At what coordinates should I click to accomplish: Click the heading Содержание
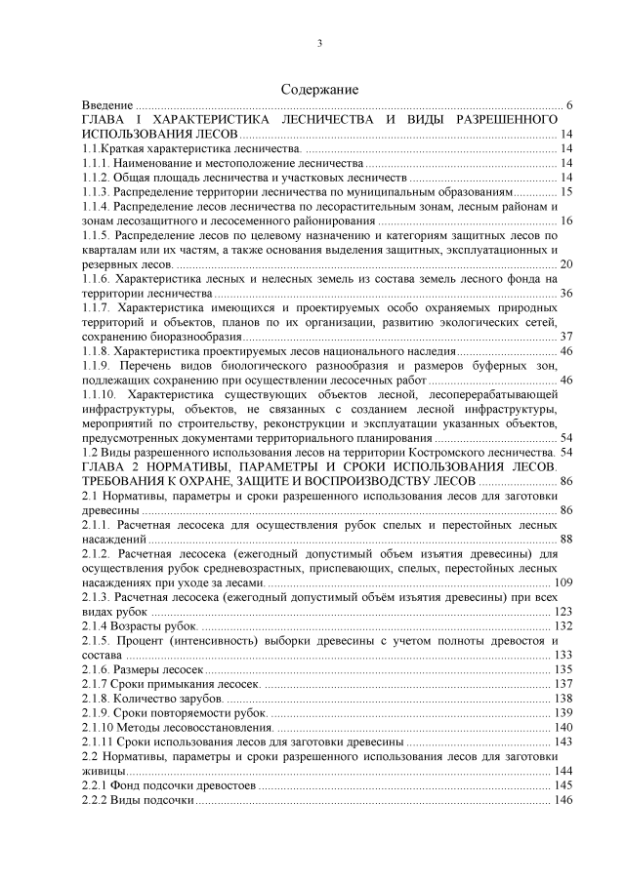319,89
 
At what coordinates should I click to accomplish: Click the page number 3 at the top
319,43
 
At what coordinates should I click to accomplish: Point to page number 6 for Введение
568,105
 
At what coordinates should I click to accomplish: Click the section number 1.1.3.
97,192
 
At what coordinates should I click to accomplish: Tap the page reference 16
565,221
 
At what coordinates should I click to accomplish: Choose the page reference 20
565,264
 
